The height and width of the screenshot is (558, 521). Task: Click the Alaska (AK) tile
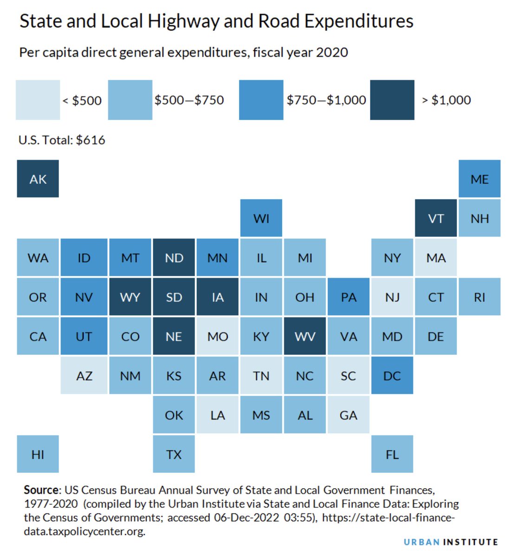(x=38, y=179)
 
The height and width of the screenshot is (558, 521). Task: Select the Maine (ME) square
(x=479, y=179)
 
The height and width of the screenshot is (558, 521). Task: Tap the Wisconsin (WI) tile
(x=261, y=218)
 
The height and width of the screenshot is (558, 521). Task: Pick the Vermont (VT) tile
(x=436, y=218)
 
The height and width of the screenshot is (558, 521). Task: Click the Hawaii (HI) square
(x=38, y=454)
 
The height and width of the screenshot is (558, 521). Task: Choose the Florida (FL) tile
(x=392, y=454)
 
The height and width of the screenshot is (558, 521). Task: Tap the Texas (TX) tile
(x=174, y=454)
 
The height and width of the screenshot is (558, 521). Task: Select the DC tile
(x=392, y=375)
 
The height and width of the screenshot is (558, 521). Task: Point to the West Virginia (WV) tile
(x=305, y=336)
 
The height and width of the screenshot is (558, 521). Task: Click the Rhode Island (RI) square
(x=479, y=297)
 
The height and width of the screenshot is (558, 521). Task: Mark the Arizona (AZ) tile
(x=84, y=375)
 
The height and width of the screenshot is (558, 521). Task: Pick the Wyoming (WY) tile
(x=130, y=297)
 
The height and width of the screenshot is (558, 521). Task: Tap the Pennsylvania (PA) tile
(x=348, y=297)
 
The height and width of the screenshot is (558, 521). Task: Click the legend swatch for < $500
(x=38, y=100)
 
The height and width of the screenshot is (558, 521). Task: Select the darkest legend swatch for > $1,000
(x=392, y=100)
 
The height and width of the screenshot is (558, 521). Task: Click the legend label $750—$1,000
(x=326, y=100)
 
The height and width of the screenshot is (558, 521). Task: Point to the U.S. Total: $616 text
(x=62, y=140)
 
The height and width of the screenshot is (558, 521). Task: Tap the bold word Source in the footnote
(x=42, y=490)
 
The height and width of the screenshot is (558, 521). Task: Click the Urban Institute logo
(x=450, y=542)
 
